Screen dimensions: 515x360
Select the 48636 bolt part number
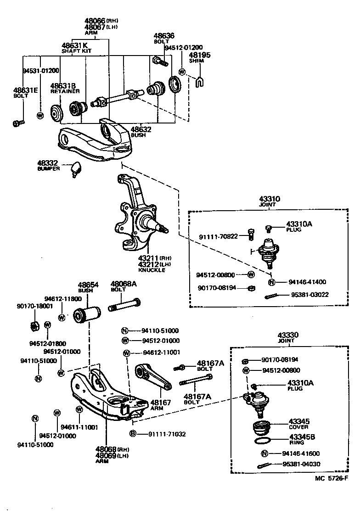pos(164,36)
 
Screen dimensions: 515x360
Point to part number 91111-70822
pos(218,236)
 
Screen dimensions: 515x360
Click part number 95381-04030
pos(301,464)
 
